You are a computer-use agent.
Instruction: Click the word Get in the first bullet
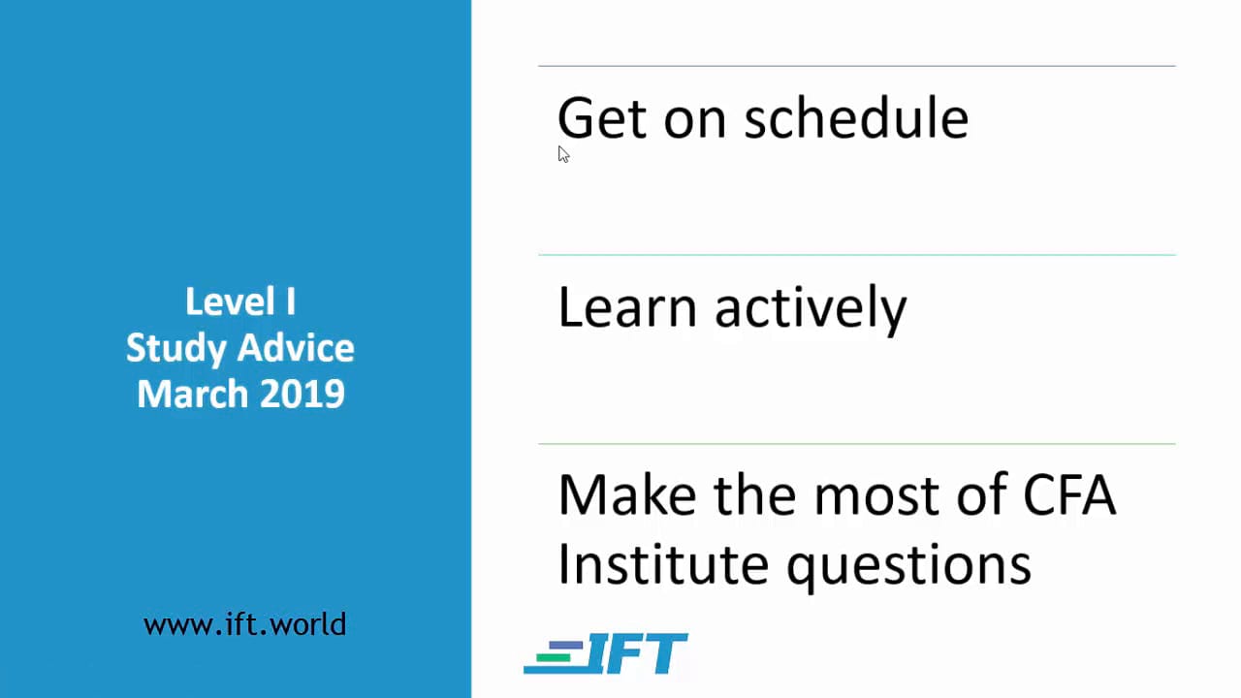click(x=602, y=117)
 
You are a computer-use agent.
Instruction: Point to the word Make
click(x=627, y=494)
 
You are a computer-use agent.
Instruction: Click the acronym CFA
click(x=1069, y=494)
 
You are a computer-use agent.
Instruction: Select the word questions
click(x=909, y=567)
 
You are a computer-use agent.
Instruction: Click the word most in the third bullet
click(x=875, y=496)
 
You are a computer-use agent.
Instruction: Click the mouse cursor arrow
click(x=563, y=154)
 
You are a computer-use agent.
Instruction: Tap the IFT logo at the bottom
click(x=606, y=653)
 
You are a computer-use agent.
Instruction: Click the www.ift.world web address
click(x=245, y=624)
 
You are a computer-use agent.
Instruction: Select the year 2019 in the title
click(x=302, y=394)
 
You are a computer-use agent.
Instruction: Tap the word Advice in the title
click(x=297, y=348)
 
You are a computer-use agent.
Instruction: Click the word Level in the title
click(x=230, y=301)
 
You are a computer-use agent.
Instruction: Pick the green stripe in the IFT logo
click(x=554, y=657)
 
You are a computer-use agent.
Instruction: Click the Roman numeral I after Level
click(x=291, y=301)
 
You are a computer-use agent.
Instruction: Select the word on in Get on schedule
click(x=695, y=122)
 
